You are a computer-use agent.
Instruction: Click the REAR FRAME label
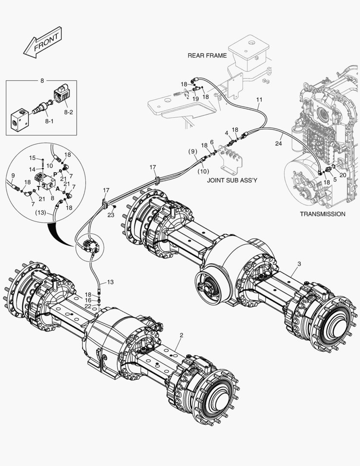207,56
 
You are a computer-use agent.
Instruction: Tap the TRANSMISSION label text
322,214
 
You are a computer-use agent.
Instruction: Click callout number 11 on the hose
259,100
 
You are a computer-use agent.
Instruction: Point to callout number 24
279,143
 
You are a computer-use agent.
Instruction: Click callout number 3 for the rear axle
299,263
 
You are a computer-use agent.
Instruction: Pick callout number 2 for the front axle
182,335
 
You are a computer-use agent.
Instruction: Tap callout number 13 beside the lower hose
110,282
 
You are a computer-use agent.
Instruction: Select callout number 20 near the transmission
343,175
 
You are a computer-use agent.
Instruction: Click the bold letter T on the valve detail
38,188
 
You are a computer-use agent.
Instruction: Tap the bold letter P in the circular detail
55,174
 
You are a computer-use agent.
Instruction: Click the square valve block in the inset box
19,116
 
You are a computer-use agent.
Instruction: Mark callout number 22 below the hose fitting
88,306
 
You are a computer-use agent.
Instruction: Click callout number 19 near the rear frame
195,99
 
